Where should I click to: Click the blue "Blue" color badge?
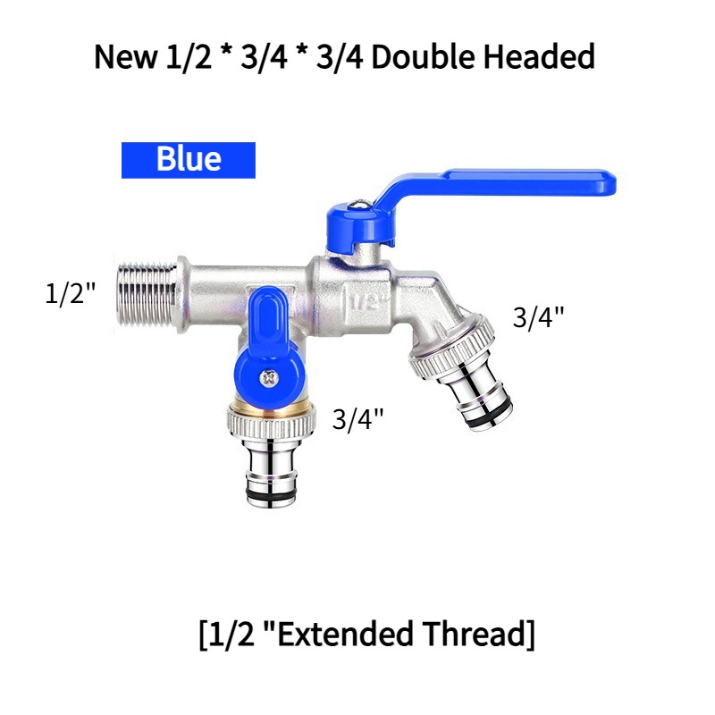(189, 159)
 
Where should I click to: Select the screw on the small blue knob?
(266, 378)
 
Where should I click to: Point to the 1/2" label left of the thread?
(71, 293)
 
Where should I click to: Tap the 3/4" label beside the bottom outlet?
(357, 418)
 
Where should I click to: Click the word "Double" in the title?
(410, 57)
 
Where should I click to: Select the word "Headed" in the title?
(539, 57)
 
